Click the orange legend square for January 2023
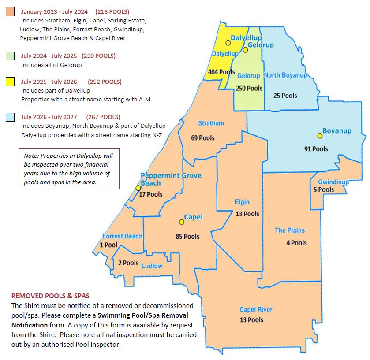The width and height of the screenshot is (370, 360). (x=10, y=12)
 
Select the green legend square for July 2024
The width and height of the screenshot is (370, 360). (x=10, y=56)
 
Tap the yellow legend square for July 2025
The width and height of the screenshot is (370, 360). (x=10, y=82)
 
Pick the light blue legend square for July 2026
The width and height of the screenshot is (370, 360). (x=10, y=117)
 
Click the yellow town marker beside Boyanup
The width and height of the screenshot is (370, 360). (x=320, y=135)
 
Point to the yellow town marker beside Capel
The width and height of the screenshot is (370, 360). (x=181, y=222)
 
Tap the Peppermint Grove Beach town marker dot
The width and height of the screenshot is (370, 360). (x=138, y=188)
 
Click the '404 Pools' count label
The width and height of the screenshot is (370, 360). (x=221, y=72)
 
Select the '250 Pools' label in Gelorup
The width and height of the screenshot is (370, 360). (x=249, y=88)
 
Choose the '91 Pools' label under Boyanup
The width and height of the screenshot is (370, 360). (x=316, y=149)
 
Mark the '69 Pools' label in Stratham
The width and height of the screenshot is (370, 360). (x=202, y=138)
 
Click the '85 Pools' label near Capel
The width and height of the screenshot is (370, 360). (x=187, y=237)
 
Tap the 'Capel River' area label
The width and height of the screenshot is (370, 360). (x=256, y=309)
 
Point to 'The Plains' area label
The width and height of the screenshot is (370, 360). (x=289, y=230)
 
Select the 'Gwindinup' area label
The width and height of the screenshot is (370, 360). (x=333, y=182)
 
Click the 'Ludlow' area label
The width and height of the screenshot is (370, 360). (x=152, y=266)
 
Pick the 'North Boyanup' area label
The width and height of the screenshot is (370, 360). (x=285, y=75)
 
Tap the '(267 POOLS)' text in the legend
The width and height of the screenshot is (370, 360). (x=104, y=117)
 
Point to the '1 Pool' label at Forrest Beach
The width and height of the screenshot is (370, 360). (x=108, y=245)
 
